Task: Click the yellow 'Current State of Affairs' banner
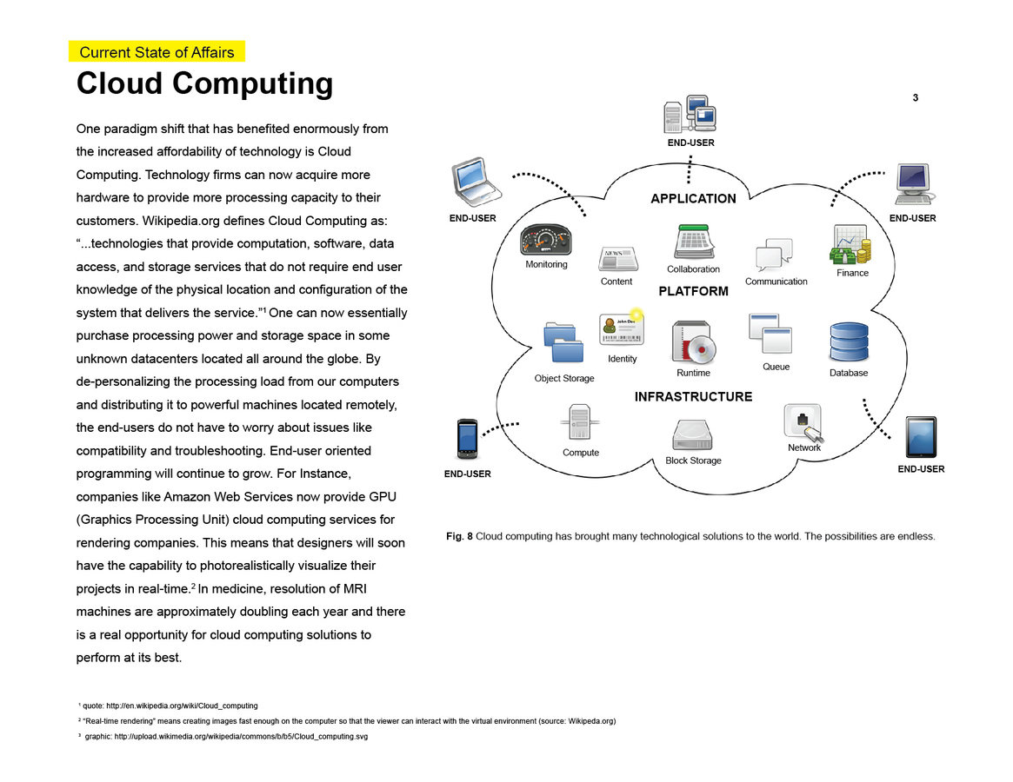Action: pyautogui.click(x=157, y=52)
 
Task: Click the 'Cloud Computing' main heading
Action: pyautogui.click(x=204, y=84)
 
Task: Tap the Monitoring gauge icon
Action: pyautogui.click(x=546, y=240)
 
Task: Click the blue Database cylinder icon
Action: pyautogui.click(x=849, y=342)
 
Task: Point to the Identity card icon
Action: pyautogui.click(x=622, y=331)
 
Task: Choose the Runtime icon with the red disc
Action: pyautogui.click(x=693, y=342)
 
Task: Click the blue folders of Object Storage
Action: pyautogui.click(x=563, y=344)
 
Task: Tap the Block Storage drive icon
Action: pyautogui.click(x=693, y=435)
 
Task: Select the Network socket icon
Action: pyautogui.click(x=803, y=422)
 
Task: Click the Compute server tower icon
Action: pyautogui.click(x=580, y=423)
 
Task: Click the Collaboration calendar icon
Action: pyautogui.click(x=693, y=241)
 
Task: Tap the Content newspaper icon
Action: pyautogui.click(x=617, y=259)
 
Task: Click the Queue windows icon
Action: pyautogui.click(x=770, y=334)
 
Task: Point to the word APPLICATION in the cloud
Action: pyautogui.click(x=693, y=199)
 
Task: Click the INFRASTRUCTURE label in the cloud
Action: pyautogui.click(x=693, y=397)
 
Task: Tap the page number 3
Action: pyautogui.click(x=916, y=98)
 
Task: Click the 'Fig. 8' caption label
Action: pyautogui.click(x=459, y=536)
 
